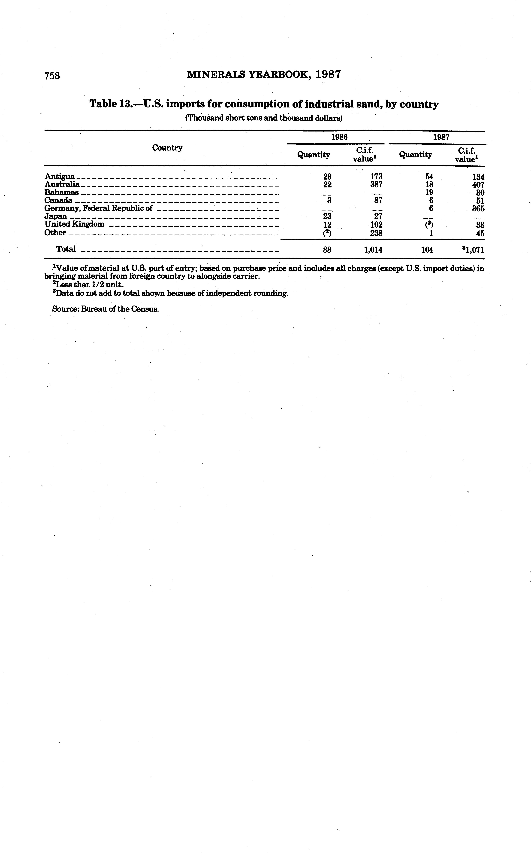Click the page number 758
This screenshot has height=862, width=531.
[52, 76]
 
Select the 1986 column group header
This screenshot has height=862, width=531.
[339, 137]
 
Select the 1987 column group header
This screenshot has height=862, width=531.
[441, 137]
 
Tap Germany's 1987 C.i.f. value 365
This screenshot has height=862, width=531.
[478, 208]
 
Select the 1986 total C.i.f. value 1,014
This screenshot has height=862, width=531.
[373, 250]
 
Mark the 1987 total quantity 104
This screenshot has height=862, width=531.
[427, 250]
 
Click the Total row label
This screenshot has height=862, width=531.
[66, 249]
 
